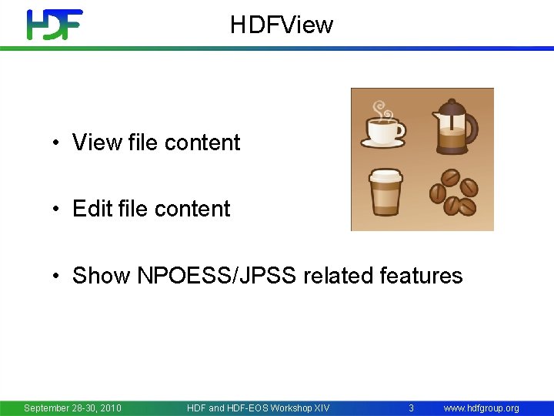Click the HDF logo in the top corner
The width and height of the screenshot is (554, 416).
coord(54,25)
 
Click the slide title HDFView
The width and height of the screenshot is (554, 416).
coord(282,25)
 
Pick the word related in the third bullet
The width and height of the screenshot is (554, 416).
coord(335,276)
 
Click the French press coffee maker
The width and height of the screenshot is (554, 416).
coord(454,125)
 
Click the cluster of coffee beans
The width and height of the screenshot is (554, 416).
coord(454,193)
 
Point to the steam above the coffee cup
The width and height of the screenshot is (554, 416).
coord(380,109)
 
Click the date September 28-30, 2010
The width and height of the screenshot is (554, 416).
coord(72,408)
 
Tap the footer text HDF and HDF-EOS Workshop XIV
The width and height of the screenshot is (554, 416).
coord(258,408)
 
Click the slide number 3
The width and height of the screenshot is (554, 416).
coord(411,408)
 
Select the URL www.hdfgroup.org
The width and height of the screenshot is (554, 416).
coord(481,408)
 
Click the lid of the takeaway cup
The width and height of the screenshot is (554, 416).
coord(385,175)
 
